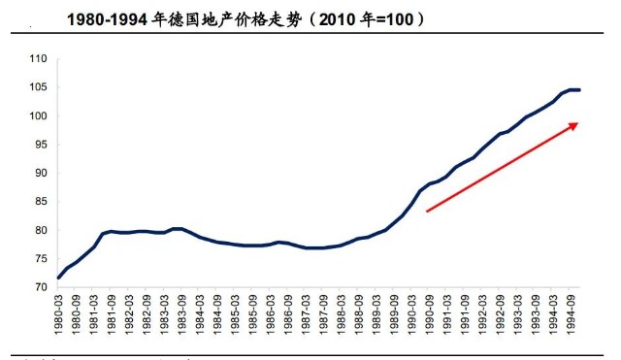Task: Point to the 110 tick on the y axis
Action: [x=38, y=59]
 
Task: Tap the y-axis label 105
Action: [x=38, y=88]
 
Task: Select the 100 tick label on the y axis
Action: [x=38, y=116]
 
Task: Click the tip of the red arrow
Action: [x=580, y=123]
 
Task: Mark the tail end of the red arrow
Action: [x=427, y=211]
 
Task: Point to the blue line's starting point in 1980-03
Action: [x=59, y=278]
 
